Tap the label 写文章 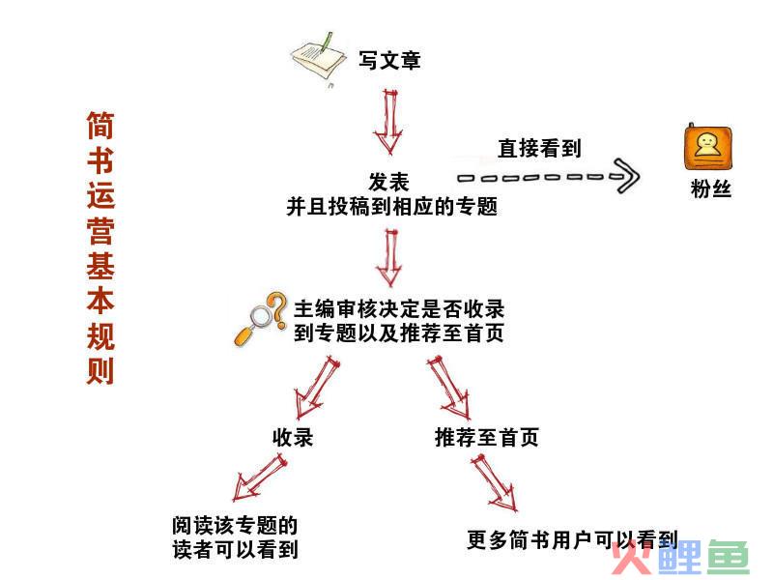(389, 61)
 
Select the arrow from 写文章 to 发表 (389, 122)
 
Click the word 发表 (389, 182)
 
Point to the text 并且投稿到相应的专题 (392, 207)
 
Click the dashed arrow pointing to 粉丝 (548, 176)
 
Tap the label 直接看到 (540, 148)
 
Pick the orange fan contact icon (708, 146)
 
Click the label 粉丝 (711, 188)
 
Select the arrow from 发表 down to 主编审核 (389, 256)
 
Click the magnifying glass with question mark (260, 319)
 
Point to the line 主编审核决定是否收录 (399, 309)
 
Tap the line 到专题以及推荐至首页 (399, 333)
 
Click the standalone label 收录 (293, 438)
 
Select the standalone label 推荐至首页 (487, 438)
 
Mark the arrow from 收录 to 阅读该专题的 (259, 477)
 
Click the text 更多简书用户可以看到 (573, 540)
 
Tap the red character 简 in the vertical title (100, 126)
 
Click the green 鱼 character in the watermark (729, 558)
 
